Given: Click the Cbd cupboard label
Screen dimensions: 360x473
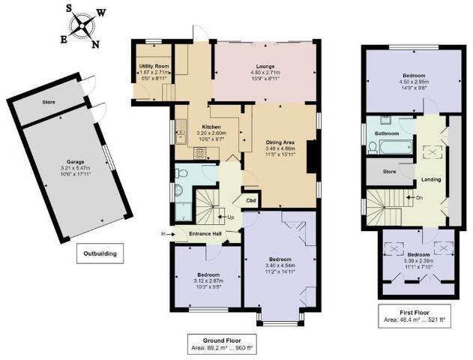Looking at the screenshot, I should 248,200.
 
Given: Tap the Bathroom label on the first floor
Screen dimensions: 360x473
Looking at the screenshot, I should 387,133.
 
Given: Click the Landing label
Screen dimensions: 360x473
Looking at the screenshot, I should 430,180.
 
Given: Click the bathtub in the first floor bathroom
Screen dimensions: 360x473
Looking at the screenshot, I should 390,146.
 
